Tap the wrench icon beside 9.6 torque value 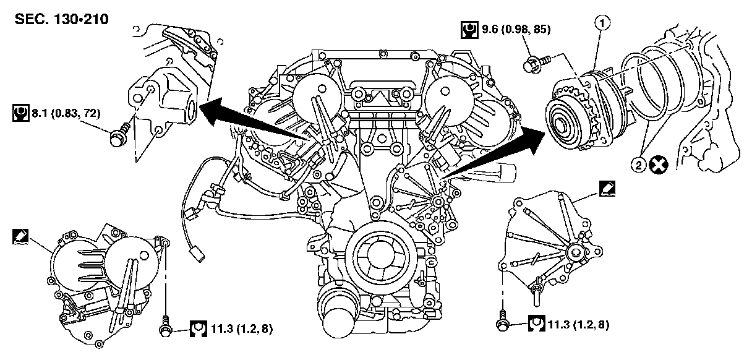coord(469,28)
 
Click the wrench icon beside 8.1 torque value coord(19,113)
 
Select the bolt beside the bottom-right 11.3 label coord(502,322)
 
